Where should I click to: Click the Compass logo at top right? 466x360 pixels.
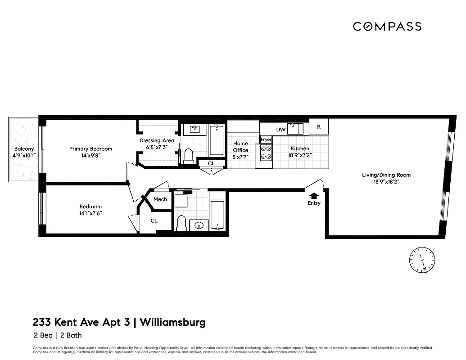[x=387, y=27]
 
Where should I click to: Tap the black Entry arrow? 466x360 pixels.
[x=314, y=195]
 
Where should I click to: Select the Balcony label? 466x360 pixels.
[x=24, y=149]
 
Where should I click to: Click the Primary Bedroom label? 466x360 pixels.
[x=90, y=149]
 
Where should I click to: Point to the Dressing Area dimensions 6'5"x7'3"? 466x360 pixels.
[x=157, y=147]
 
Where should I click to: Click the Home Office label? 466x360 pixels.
[x=240, y=147]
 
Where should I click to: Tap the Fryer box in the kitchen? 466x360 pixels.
[x=266, y=139]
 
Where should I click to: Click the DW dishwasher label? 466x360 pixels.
[x=281, y=130]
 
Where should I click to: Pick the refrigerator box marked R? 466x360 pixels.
[x=319, y=127]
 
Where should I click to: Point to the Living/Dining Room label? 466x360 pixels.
[x=386, y=175]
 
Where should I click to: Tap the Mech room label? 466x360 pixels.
[x=160, y=199]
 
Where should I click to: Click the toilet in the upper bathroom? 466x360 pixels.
[x=188, y=156]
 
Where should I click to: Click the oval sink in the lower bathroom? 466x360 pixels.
[x=199, y=225]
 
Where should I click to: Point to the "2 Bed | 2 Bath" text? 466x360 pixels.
[x=58, y=335]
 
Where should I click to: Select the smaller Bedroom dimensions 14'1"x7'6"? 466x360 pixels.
[x=91, y=213]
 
